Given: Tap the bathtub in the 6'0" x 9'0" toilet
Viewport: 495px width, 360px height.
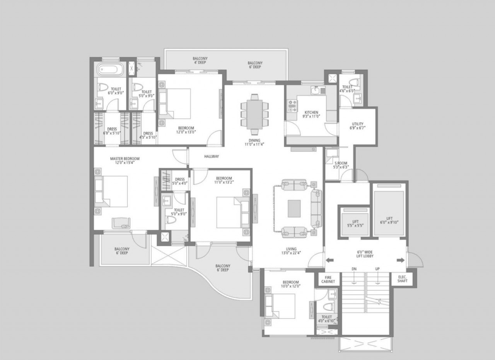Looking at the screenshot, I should pos(110,71).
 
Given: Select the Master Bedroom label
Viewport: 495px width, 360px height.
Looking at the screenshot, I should pos(125,160).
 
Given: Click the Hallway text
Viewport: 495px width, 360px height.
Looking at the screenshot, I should pos(212,157).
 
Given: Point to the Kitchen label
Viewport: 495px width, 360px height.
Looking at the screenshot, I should pos(311,114).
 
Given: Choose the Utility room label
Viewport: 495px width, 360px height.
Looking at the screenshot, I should pos(357,126).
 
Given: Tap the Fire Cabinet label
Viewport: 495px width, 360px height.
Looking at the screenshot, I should pos(328,279).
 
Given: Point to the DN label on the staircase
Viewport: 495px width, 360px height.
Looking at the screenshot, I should pos(354,269).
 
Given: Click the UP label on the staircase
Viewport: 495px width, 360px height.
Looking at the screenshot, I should pos(377,269).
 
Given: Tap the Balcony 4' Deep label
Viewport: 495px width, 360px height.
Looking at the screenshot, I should pos(200,61).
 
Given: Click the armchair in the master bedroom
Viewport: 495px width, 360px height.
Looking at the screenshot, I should pos(121,222).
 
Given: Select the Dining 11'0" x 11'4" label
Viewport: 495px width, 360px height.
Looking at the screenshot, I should pos(254,142).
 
